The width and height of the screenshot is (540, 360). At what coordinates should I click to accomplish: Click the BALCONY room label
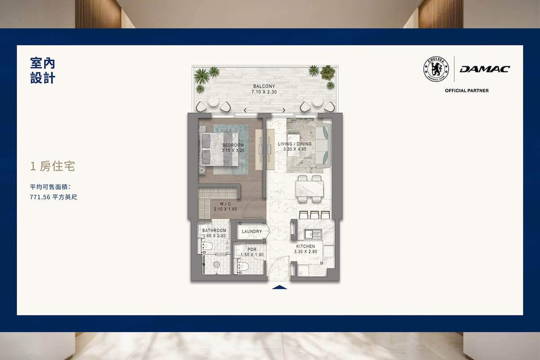coord(264,86)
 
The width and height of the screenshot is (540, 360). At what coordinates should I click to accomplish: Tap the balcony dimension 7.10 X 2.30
coord(264,92)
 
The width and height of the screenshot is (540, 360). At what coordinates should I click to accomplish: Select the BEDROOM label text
coord(233,145)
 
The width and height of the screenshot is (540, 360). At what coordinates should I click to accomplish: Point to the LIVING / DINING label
coord(295,144)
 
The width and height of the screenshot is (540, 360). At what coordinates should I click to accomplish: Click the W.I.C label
coord(225,204)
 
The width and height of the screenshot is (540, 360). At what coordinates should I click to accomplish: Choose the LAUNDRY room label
coord(252,231)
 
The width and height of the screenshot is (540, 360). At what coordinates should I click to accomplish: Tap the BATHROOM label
coord(214,230)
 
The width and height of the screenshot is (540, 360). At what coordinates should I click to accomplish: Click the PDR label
coord(252,249)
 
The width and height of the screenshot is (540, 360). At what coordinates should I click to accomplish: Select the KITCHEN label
coord(306,247)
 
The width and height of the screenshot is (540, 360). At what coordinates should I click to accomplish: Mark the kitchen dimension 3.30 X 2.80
coord(306,252)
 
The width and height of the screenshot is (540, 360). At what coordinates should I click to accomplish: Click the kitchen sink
coord(313,234)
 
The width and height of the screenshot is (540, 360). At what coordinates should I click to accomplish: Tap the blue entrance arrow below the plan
coord(279,287)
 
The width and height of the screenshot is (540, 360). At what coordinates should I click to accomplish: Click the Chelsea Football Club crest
coord(436,69)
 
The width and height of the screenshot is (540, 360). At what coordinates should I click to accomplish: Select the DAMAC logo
coord(485,69)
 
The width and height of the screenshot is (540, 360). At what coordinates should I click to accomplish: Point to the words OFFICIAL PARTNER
coord(467,90)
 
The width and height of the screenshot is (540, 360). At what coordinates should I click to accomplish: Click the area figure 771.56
coord(40,197)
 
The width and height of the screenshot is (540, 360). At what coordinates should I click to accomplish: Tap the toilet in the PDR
coord(243,267)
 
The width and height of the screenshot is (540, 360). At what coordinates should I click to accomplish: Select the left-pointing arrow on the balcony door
coord(248,110)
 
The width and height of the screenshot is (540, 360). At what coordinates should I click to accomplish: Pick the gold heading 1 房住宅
coord(52,166)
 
